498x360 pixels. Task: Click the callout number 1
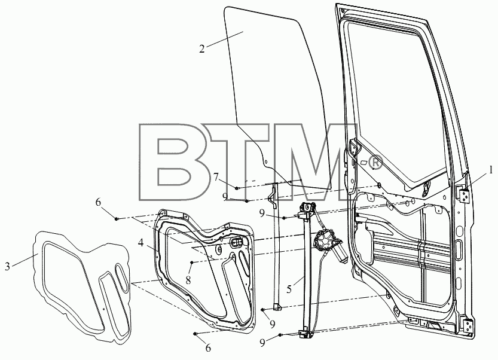[x=491, y=170]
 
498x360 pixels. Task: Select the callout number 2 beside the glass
[x=202, y=49]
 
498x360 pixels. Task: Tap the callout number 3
[x=8, y=266]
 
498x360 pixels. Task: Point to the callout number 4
[x=140, y=243]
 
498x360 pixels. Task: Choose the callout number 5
[x=289, y=289]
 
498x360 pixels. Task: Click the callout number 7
[x=216, y=176]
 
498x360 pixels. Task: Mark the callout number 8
[x=188, y=280]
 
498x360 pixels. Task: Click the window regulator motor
[x=328, y=246]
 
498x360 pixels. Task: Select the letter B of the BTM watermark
[x=168, y=162]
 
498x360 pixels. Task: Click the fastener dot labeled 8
[x=192, y=262]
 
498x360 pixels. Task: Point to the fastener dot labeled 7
[x=237, y=188]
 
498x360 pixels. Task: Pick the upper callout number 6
[x=99, y=202]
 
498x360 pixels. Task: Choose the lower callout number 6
[x=208, y=348]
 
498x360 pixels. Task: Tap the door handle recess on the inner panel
[x=237, y=243]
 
